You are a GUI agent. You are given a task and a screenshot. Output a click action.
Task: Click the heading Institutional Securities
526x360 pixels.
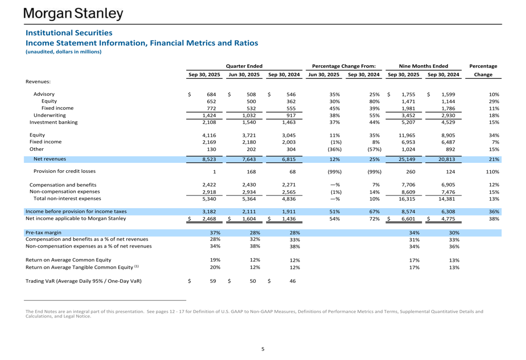(69, 33)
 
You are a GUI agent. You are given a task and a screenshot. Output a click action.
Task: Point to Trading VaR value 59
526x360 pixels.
(213, 281)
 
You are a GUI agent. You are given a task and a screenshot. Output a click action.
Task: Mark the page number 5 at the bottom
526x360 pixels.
(263, 348)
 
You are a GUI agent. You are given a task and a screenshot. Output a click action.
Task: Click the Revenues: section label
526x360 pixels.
(41, 81)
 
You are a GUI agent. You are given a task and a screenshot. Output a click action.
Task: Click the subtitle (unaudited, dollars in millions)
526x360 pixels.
(63, 52)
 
